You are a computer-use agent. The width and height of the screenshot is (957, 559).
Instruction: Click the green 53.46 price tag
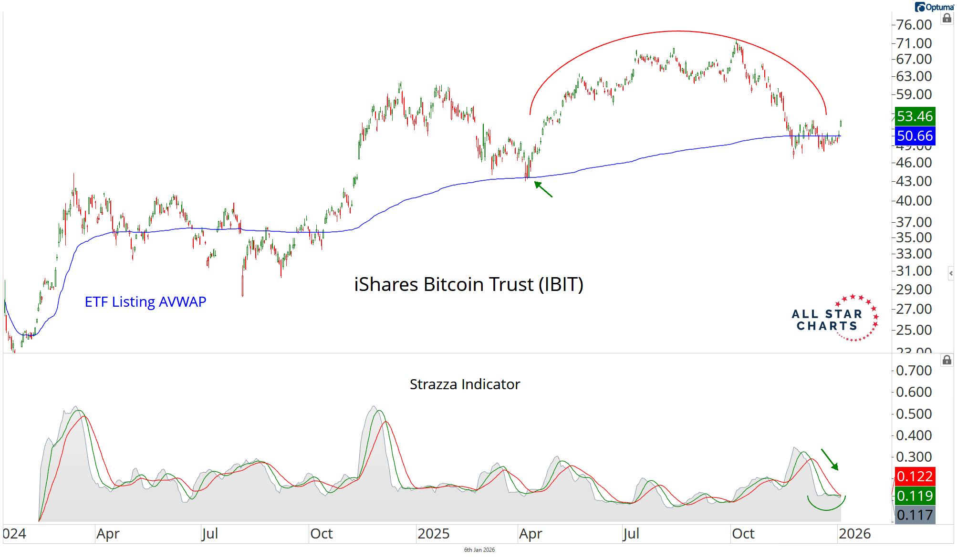click(x=915, y=116)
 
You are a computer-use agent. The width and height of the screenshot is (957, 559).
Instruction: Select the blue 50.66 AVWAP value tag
click(x=915, y=136)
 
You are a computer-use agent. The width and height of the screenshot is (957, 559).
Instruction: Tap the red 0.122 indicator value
click(x=915, y=476)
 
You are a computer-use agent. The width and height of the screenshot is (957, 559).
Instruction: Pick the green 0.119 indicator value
click(x=915, y=496)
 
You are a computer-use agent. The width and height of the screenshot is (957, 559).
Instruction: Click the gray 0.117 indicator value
click(x=915, y=515)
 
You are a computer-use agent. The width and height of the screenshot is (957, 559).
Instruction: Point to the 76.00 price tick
click(x=914, y=25)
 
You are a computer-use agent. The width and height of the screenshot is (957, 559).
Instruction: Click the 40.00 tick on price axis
click(x=914, y=201)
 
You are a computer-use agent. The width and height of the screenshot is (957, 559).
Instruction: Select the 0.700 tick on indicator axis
click(x=914, y=371)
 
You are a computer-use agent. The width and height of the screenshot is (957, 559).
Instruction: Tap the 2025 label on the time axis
click(x=433, y=534)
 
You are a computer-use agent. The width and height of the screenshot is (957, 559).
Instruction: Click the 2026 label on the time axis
click(x=854, y=534)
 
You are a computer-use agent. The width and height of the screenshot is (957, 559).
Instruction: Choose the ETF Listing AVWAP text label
click(x=146, y=302)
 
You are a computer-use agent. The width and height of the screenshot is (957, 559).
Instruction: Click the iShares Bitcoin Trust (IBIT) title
click(x=468, y=285)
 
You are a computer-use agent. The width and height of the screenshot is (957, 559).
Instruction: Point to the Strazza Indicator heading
click(x=465, y=384)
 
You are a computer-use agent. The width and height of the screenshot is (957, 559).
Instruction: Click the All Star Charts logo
click(x=835, y=319)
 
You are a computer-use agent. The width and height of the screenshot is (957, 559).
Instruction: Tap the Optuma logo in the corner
click(x=934, y=7)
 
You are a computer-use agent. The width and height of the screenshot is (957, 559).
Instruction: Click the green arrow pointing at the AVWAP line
click(x=543, y=189)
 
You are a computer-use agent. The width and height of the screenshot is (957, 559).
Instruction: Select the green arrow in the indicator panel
click(x=830, y=459)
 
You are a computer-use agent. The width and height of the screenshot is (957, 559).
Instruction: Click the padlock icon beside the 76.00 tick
click(x=947, y=19)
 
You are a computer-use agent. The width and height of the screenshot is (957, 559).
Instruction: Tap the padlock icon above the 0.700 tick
click(x=947, y=360)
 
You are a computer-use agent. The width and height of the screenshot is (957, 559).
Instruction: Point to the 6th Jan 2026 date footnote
click(x=479, y=550)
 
